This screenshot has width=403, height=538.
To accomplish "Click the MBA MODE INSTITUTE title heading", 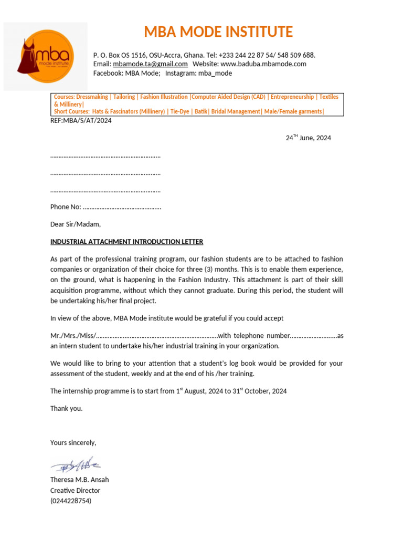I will point(218,32).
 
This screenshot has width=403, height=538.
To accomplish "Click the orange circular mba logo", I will point(45,56).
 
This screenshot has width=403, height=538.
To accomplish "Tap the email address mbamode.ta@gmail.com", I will point(150,64).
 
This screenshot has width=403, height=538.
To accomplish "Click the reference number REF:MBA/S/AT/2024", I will point(81,120).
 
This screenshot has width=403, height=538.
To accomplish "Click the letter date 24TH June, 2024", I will point(308,138).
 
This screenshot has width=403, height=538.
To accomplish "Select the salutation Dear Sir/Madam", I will point(75,224).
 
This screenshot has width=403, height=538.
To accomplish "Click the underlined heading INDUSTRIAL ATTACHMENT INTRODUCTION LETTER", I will point(126,242).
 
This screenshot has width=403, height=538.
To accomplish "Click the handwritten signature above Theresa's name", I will point(76,464).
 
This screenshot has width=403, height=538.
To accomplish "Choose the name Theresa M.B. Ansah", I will point(79,480).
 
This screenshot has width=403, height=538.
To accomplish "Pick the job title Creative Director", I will point(75,490).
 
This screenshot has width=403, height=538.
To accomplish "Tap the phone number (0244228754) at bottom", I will point(71,501).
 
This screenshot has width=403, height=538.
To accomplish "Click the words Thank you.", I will point(66,408).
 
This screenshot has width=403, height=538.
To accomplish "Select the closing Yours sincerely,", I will point(73,443).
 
